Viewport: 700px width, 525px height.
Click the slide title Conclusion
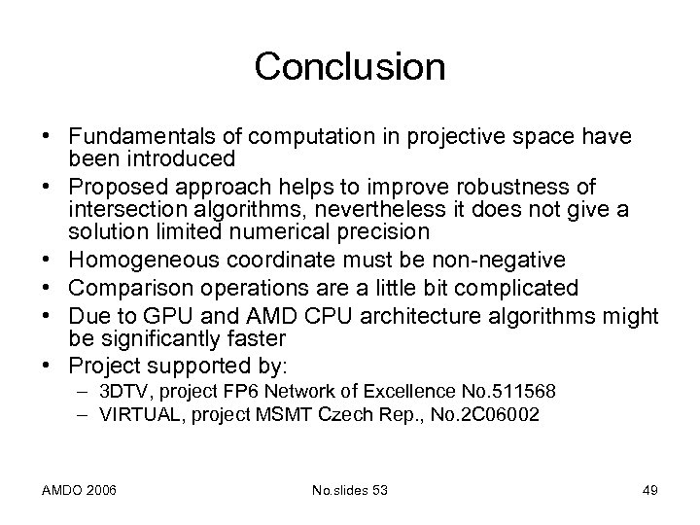coord(349,68)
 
